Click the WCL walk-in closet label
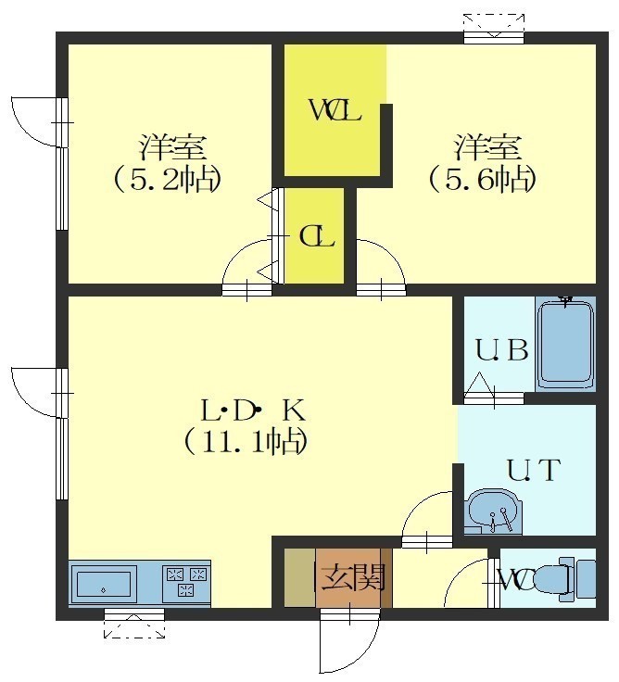pyautogui.click(x=335, y=110)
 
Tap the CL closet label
pyautogui.click(x=317, y=237)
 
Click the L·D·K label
pyautogui.click(x=254, y=411)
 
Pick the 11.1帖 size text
pyautogui.click(x=246, y=442)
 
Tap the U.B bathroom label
pyautogui.click(x=501, y=350)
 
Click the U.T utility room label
pyautogui.click(x=532, y=470)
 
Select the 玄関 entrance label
pyautogui.click(x=353, y=577)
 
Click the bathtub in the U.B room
pyautogui.click(x=565, y=345)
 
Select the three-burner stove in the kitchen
pyautogui.click(x=185, y=582)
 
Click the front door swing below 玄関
pyautogui.click(x=349, y=641)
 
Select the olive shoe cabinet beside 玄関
pyautogui.click(x=299, y=577)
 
